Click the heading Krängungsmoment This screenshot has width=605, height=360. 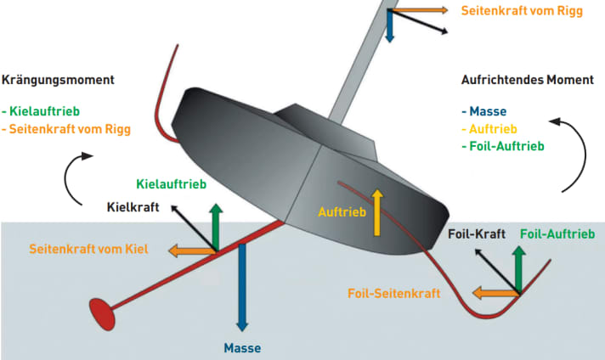(59, 80)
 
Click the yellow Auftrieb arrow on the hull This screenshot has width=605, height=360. (377, 212)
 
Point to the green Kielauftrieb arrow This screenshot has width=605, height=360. (217, 227)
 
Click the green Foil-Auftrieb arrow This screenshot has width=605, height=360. (517, 270)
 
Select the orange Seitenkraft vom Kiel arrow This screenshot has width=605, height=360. (190, 250)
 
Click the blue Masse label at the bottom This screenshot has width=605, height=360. (242, 347)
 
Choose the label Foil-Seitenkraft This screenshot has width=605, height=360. (393, 294)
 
